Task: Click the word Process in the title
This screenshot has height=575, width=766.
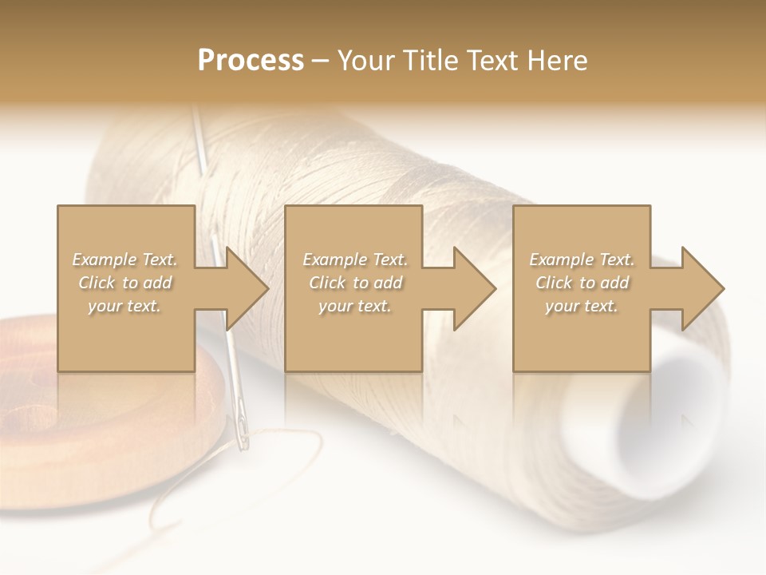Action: [251, 61]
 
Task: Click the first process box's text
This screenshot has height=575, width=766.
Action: [125, 283]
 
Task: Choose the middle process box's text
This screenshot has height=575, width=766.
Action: [355, 283]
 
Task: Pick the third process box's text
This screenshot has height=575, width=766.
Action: [582, 283]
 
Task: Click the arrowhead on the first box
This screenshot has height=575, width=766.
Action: [244, 288]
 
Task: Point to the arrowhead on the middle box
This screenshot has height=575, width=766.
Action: [472, 288]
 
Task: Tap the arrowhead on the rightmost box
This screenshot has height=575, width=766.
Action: [701, 288]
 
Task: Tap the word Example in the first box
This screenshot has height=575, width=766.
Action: [103, 260]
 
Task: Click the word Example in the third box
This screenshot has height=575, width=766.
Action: [561, 260]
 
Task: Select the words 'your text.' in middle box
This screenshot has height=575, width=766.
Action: [355, 306]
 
